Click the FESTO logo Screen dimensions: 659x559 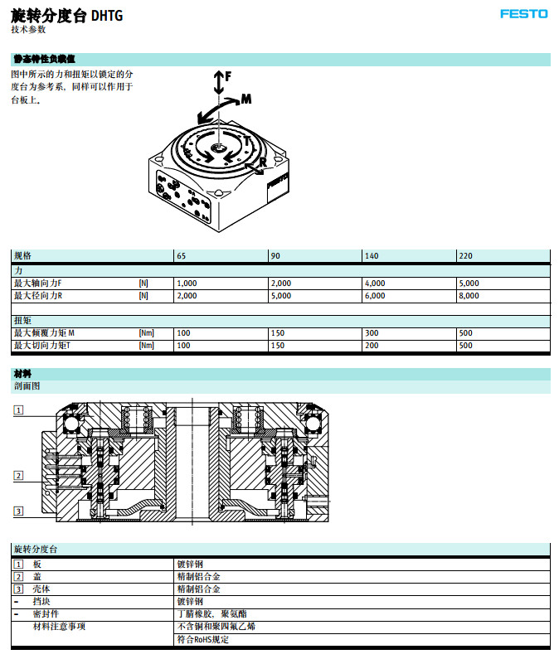[x=523, y=13]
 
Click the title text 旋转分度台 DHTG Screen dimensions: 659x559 [x=66, y=14]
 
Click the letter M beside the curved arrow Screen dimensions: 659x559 [x=245, y=99]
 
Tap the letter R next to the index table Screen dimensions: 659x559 [x=262, y=163]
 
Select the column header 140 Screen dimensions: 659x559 [x=372, y=256]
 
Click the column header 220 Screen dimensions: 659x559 [x=465, y=256]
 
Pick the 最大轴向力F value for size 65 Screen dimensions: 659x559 [x=187, y=283]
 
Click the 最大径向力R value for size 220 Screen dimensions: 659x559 [x=469, y=296]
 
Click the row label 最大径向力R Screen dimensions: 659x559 [x=38, y=296]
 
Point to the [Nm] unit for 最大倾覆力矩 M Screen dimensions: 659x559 [x=147, y=333]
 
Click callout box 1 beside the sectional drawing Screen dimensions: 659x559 [x=18, y=410]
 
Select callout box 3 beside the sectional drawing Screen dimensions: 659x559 [x=18, y=511]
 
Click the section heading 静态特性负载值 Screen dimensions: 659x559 [x=44, y=60]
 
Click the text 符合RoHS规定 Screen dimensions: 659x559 [x=202, y=639]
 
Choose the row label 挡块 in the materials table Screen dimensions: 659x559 [x=42, y=602]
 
